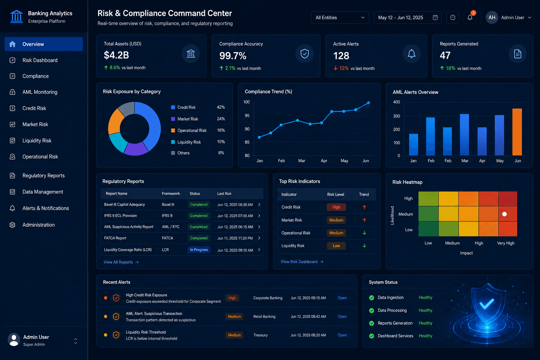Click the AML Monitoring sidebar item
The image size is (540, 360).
point(34,92)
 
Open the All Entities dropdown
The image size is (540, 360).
point(340,18)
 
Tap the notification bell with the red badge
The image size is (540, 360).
point(470,17)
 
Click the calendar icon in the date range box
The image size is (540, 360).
point(435,17)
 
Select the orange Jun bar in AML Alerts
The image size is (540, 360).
point(517,132)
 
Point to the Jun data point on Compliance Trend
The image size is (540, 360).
point(368,103)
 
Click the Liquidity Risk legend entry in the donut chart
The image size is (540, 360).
point(186,142)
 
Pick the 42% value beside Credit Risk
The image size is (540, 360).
point(221,107)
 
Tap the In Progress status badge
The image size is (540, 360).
point(199,250)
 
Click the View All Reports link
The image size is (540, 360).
point(121,262)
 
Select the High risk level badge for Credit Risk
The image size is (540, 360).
point(336,207)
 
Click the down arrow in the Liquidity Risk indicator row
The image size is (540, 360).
point(364,246)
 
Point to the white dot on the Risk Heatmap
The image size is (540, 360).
point(504,214)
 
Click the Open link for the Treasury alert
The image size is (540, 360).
point(342,335)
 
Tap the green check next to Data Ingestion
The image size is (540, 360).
point(372,297)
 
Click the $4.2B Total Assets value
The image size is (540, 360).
point(116,55)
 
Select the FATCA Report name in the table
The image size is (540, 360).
point(115,238)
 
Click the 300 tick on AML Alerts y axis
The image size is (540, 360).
point(396,116)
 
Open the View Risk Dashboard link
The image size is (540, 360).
point(302,262)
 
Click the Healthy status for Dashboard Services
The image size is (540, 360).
point(425,336)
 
